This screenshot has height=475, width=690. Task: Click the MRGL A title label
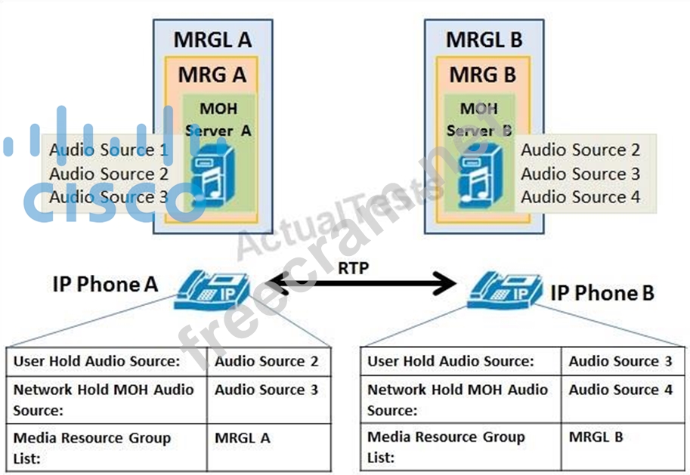(x=212, y=40)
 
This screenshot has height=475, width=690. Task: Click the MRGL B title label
(x=484, y=40)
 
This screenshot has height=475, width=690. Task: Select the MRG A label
(x=212, y=76)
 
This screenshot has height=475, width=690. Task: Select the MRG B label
(x=483, y=76)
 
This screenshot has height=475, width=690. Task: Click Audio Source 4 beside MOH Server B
(x=580, y=197)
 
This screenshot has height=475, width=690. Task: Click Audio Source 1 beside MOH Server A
(x=109, y=150)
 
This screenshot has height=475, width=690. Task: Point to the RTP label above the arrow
(x=353, y=268)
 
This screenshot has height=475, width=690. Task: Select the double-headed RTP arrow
(x=362, y=284)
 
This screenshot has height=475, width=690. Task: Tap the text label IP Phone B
(x=602, y=292)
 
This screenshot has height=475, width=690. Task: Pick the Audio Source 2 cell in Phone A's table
(x=266, y=362)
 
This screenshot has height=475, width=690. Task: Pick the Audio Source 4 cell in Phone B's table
(x=620, y=390)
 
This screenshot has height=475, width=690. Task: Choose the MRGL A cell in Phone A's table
(x=242, y=438)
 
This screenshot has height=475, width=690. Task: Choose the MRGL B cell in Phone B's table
(x=597, y=436)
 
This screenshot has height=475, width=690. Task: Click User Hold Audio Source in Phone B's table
(x=450, y=362)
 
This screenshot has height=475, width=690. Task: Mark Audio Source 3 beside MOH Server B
(x=580, y=174)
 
